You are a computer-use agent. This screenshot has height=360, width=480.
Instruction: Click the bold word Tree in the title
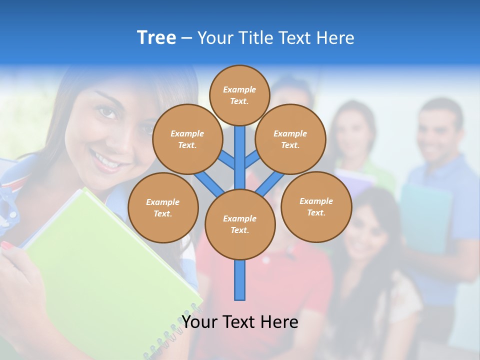pos(156,38)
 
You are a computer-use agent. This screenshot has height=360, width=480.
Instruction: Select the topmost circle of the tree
pos(239,95)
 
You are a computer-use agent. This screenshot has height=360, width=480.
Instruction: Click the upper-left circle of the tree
pos(187,139)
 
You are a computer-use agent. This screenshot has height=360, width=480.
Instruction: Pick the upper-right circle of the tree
pos(290,139)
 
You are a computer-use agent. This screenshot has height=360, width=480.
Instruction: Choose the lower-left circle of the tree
pos(163,207)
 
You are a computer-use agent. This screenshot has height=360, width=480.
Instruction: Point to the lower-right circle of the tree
pos(316,206)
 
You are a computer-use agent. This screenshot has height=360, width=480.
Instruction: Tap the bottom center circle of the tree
pos(239,224)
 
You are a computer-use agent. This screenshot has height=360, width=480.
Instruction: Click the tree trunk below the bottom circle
pos(239,280)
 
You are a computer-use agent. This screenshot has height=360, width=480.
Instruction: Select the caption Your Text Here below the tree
pos(239,321)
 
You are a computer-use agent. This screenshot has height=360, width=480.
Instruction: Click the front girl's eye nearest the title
pos(108,112)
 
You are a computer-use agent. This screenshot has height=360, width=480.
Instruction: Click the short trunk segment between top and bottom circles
pos(239,157)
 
